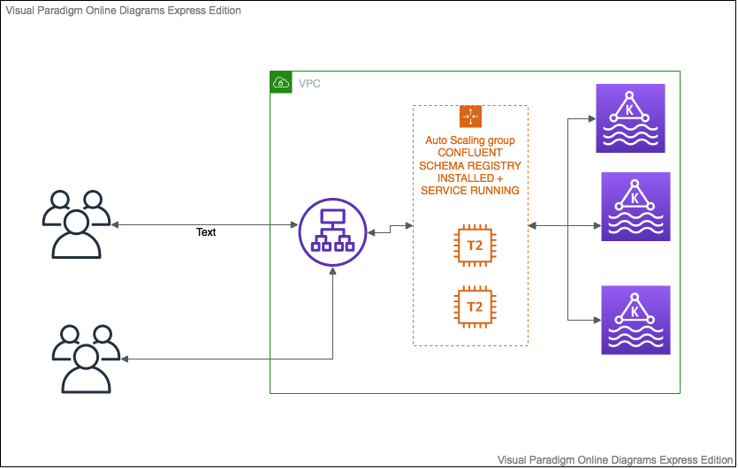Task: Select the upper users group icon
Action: [77, 223]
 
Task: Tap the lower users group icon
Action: [86, 359]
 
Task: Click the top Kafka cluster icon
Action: [630, 118]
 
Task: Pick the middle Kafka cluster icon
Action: [635, 207]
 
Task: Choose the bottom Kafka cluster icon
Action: [635, 320]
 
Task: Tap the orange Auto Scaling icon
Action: [470, 117]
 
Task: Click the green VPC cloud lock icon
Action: [280, 83]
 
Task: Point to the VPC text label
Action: [309, 83]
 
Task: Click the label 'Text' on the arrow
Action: [206, 232]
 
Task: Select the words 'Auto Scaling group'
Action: [470, 140]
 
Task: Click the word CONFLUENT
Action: [470, 153]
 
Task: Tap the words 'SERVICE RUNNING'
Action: [470, 190]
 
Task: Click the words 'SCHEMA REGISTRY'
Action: [470, 165]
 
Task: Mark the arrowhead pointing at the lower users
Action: [125, 359]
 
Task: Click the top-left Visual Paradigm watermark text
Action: [121, 10]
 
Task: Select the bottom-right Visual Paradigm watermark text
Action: [615, 460]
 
